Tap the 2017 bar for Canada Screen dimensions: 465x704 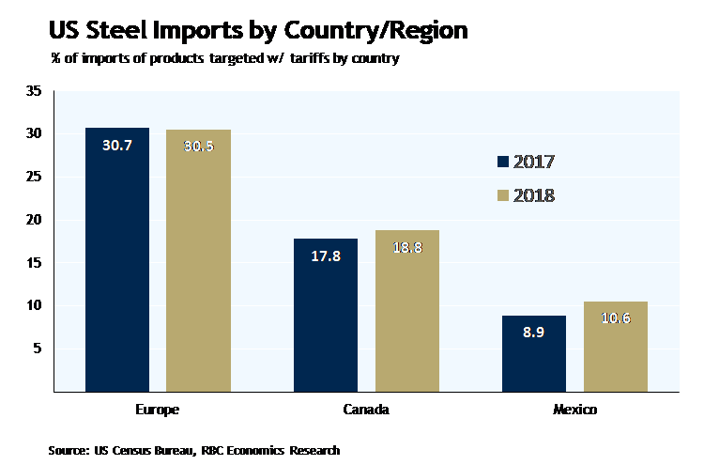click(326, 315)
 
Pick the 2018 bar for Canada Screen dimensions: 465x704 click(406, 311)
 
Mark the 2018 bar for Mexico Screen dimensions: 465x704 click(616, 347)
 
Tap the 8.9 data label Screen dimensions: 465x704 click(534, 333)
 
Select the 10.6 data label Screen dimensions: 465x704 click(616, 318)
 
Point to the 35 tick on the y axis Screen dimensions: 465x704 click(35, 91)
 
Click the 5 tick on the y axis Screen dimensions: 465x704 click(38, 349)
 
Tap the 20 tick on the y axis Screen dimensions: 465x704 click(35, 220)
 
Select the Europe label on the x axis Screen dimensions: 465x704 click(157, 411)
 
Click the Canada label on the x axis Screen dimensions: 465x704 click(366, 411)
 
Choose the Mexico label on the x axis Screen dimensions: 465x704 click(574, 411)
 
